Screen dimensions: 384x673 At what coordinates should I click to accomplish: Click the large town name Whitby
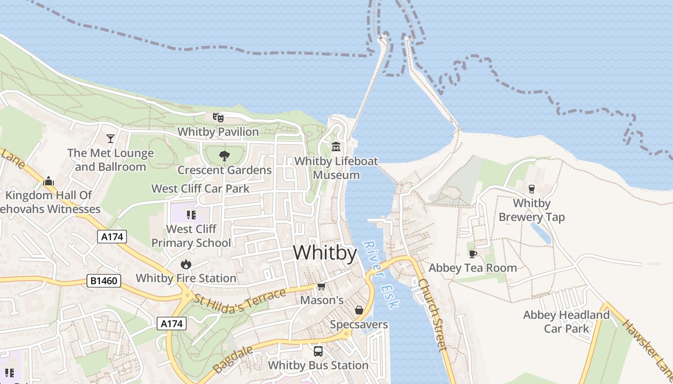[325, 253]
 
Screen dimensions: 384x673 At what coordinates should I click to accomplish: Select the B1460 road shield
[103, 280]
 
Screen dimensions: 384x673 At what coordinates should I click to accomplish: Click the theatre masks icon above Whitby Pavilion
[218, 117]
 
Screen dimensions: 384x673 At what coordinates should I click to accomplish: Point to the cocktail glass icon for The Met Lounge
[111, 138]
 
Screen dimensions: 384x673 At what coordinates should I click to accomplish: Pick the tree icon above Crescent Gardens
[224, 156]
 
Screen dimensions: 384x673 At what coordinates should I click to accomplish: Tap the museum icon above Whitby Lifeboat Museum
[336, 146]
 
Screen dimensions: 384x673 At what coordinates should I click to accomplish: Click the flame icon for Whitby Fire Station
[186, 264]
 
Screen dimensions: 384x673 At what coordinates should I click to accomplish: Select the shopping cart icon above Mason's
[321, 286]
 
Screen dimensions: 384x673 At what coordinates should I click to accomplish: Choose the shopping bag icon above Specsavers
[359, 310]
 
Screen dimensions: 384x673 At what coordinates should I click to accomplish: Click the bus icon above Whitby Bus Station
[318, 351]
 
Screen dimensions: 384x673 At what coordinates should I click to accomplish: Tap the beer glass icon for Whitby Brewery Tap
[532, 189]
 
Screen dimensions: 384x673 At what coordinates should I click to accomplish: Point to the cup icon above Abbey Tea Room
[473, 253]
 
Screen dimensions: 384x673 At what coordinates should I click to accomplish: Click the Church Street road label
[433, 314]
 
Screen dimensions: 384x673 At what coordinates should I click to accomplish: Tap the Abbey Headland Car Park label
[566, 322]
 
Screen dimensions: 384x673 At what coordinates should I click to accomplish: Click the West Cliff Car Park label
[200, 189]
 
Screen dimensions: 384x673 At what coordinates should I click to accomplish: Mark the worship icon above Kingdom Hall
[48, 181]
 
